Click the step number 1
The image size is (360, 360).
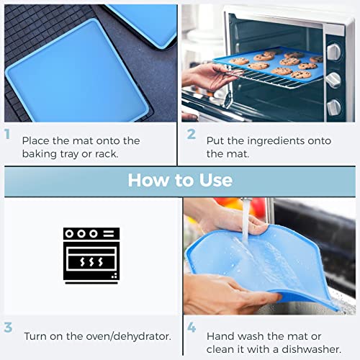point(7,134)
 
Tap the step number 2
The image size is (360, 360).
point(192,134)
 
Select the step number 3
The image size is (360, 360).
point(8,328)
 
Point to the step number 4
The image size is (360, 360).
point(192,328)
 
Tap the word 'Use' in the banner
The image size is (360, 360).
point(216,180)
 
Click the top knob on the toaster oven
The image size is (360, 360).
point(334,51)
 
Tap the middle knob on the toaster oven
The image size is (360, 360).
point(333,80)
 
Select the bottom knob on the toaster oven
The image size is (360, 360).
point(333,107)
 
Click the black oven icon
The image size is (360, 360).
point(91,256)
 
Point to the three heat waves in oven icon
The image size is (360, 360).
point(91,262)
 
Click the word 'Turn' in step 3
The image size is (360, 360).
point(35,336)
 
